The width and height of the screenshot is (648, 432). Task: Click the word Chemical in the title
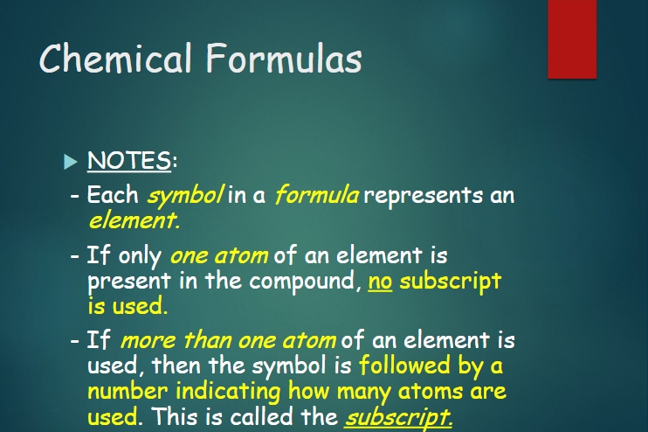[x=115, y=58]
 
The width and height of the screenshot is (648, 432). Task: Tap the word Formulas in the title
[x=285, y=58]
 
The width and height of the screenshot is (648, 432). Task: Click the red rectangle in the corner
[x=572, y=38]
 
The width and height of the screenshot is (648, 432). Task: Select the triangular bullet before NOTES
[x=71, y=162]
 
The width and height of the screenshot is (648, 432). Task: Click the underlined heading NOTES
[x=129, y=161]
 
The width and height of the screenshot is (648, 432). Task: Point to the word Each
[x=113, y=194]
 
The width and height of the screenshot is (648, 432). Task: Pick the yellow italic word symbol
[x=185, y=195]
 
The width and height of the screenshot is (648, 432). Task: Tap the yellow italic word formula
[x=316, y=194]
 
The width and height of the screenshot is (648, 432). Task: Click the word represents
[x=423, y=195]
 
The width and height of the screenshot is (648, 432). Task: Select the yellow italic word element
[x=134, y=220]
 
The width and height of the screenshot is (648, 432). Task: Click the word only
[x=140, y=255]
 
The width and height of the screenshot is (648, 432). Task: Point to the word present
[x=129, y=282]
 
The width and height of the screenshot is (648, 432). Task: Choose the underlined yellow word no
[x=380, y=282]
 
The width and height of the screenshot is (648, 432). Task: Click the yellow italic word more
[x=148, y=341]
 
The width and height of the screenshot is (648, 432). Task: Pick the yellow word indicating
[x=228, y=392]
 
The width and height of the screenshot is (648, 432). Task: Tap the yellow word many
[x=364, y=393]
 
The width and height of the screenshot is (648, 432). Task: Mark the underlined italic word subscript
[x=398, y=417]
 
